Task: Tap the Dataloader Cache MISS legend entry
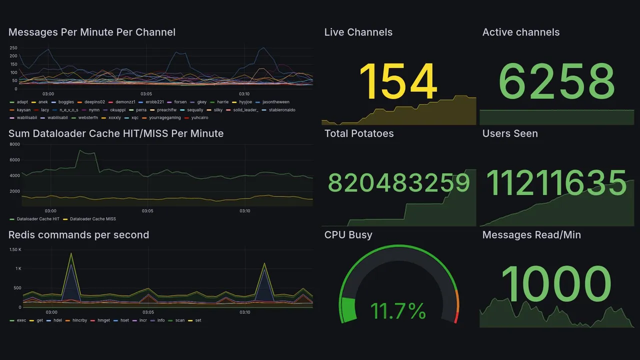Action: [x=92, y=219]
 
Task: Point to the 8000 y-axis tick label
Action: [x=14, y=144]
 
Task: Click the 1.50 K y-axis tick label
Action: [x=15, y=249]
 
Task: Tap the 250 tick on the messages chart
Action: [x=13, y=48]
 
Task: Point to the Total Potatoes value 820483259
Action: [x=399, y=183]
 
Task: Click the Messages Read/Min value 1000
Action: [x=556, y=284]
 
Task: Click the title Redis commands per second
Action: [x=78, y=235]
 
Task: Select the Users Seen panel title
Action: [x=510, y=133]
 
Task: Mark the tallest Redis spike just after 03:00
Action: [x=71, y=254]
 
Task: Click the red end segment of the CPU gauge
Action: [x=456, y=317]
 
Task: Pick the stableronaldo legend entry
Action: [x=282, y=109]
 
